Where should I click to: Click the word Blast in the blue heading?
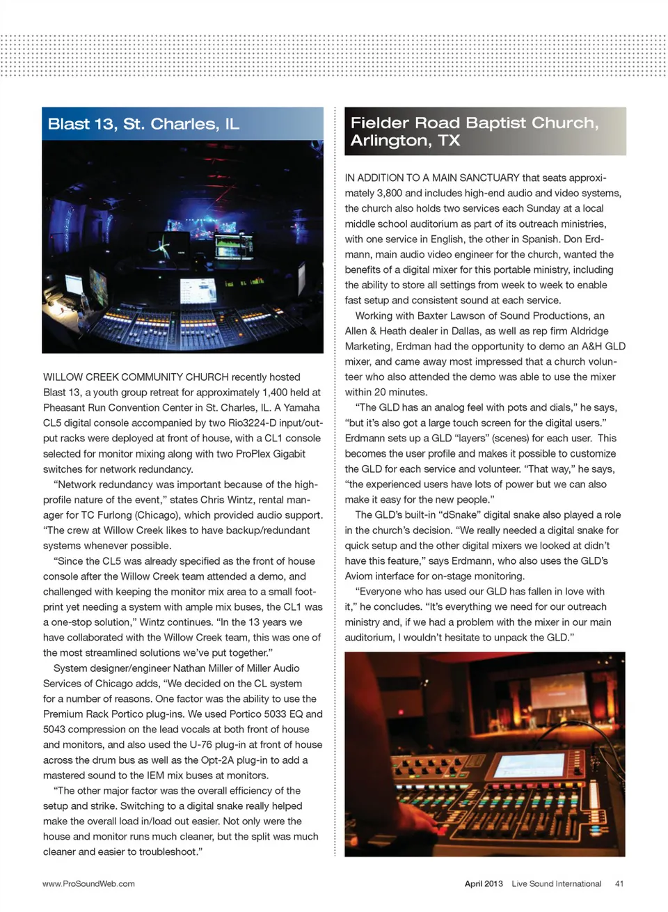point(68,124)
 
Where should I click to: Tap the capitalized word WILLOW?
point(63,377)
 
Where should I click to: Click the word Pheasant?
point(65,407)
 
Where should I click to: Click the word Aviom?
point(360,576)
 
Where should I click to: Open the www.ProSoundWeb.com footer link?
point(88,883)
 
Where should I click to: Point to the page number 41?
point(619,883)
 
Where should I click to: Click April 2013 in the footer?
point(484,883)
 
